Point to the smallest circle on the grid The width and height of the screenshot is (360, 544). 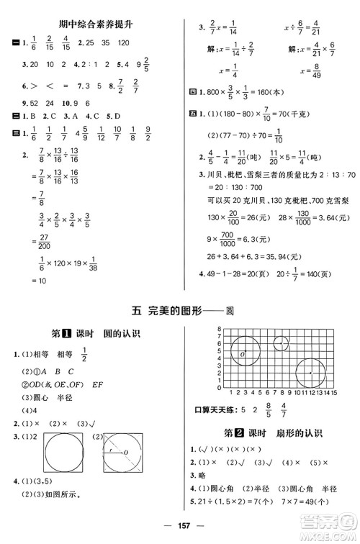point(280,345)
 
